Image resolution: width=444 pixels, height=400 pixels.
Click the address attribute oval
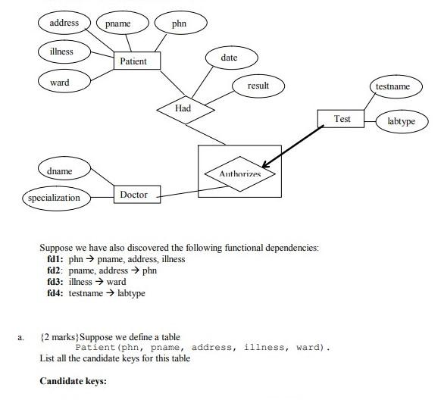(x=64, y=23)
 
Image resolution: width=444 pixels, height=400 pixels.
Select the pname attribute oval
(x=117, y=23)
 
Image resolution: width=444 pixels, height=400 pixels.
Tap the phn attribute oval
(x=179, y=23)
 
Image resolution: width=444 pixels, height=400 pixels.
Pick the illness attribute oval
(x=62, y=52)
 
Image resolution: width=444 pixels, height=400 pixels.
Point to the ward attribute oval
(x=60, y=82)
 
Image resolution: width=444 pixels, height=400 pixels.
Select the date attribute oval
(x=230, y=58)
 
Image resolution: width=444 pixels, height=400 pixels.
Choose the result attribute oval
(x=258, y=86)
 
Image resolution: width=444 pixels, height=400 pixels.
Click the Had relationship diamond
(x=184, y=108)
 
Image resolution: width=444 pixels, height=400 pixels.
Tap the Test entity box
(x=342, y=119)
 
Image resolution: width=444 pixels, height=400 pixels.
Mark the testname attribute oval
(x=393, y=86)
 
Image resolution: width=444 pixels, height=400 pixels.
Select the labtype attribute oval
(x=401, y=121)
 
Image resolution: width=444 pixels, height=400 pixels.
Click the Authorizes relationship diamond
(x=239, y=173)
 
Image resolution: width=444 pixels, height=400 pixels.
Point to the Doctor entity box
(x=134, y=195)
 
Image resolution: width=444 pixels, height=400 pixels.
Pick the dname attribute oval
(x=60, y=171)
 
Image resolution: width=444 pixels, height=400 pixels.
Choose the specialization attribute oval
(x=54, y=198)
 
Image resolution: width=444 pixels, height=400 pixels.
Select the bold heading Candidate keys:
(x=73, y=381)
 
